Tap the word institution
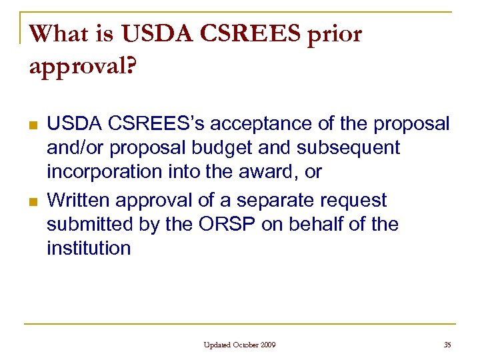pyautogui.click(x=89, y=249)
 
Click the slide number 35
pyautogui.click(x=446, y=345)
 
